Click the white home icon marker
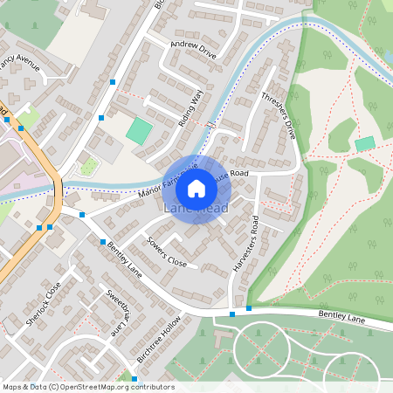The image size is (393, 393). click(x=196, y=189)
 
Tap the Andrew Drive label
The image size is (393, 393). click(x=193, y=51)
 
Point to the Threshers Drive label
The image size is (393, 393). click(x=279, y=113)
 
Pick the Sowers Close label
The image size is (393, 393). click(x=167, y=251)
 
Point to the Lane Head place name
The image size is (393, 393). click(x=196, y=210)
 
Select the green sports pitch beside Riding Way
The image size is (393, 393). click(x=139, y=131)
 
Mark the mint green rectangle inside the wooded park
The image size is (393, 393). click(x=365, y=142)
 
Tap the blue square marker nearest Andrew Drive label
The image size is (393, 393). click(x=113, y=82)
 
